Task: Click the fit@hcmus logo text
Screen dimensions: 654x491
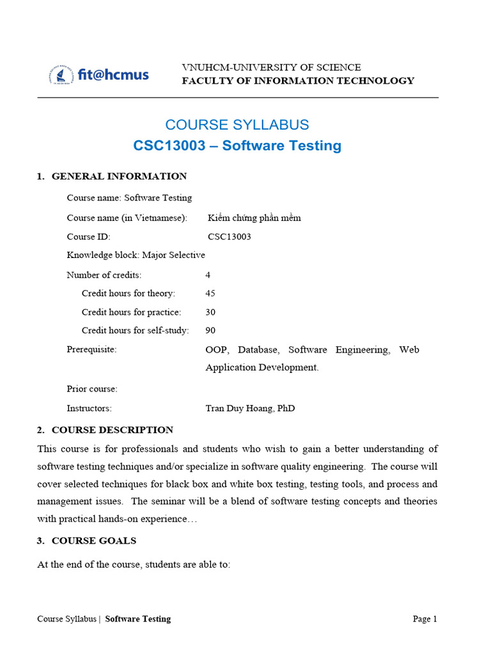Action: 113,75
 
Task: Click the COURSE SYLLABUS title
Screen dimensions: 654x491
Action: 237,125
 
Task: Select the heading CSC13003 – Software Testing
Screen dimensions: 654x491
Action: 237,146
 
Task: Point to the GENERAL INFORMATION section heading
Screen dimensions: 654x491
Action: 119,176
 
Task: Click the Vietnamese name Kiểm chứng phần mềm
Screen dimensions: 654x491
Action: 254,218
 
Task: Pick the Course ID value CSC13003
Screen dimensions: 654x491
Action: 229,237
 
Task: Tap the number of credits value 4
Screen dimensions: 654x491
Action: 208,275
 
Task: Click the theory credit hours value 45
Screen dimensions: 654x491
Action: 210,293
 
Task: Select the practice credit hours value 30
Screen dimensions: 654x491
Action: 210,312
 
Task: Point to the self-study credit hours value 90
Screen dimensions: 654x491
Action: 210,330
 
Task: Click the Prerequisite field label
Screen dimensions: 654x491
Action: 91,349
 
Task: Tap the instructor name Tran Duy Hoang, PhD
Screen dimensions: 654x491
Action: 250,408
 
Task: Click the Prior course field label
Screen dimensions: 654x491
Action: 92,389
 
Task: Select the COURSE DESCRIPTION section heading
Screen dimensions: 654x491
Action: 112,430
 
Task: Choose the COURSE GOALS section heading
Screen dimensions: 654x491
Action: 93,541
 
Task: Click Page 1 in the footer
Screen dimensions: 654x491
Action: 425,619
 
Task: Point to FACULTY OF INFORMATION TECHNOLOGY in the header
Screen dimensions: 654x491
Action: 298,80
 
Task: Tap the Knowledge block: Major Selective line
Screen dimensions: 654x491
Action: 136,255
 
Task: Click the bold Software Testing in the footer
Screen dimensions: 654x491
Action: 137,619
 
